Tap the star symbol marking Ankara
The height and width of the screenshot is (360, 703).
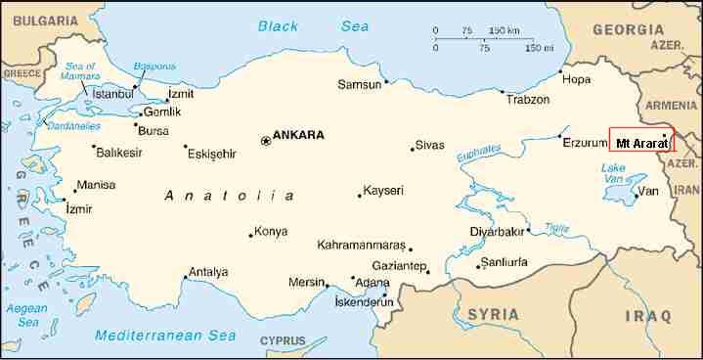pos(265,141)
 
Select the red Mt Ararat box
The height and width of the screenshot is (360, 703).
pos(641,142)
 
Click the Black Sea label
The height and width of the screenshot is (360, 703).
pos(291,27)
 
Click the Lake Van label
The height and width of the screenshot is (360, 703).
pos(613,173)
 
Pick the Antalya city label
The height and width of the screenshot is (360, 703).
pos(207,272)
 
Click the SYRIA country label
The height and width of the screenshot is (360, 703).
pos(494,313)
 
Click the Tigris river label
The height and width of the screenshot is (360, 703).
pos(556,227)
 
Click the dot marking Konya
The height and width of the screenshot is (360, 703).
pos(249,234)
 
